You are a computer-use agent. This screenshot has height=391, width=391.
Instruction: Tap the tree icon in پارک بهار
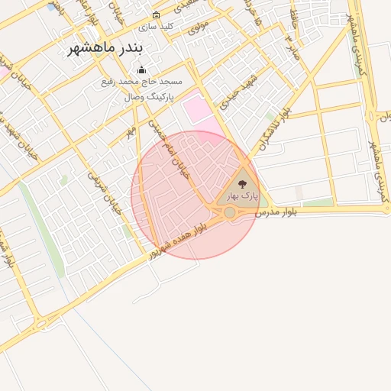coord(243,184)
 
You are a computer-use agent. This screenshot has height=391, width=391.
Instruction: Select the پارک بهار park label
coord(243,195)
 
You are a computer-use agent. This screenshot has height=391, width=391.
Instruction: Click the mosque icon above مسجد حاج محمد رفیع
coord(141,70)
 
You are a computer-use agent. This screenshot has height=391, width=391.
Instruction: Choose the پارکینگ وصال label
coord(149,98)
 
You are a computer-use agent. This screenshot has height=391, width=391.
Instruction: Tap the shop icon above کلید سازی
coord(157,15)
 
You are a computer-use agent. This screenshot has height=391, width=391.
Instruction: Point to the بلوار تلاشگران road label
coord(274,126)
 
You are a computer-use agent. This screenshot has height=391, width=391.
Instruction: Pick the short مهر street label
coord(131,132)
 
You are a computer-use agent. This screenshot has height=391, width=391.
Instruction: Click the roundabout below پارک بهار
coord(229,212)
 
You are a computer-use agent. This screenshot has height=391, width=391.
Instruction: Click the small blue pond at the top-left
coord(51,7)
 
